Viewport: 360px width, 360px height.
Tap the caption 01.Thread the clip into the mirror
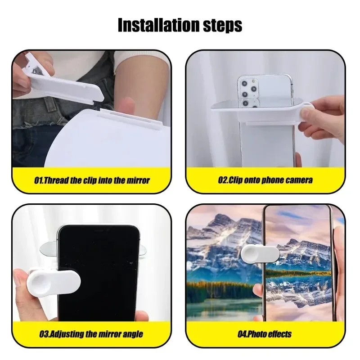(92, 180)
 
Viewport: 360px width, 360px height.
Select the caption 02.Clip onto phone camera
(265, 180)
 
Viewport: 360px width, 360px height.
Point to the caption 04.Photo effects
(265, 334)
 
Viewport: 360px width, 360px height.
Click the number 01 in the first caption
(40, 180)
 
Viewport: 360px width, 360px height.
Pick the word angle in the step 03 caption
(132, 334)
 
